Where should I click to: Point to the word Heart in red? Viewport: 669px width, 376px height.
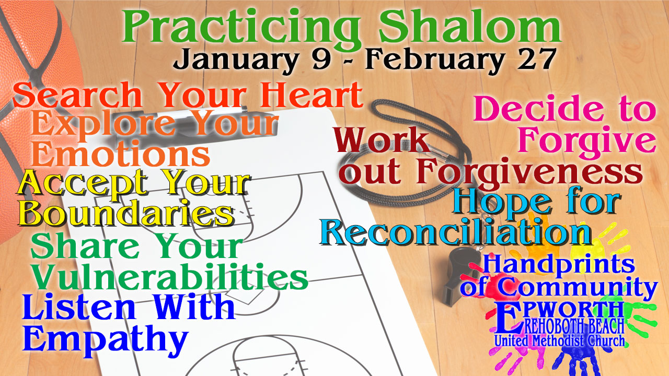click(x=311, y=95)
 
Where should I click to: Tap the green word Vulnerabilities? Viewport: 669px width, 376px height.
click(x=170, y=276)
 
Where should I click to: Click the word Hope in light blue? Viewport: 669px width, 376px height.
click(x=502, y=202)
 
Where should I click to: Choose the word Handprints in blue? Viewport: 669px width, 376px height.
click(x=559, y=264)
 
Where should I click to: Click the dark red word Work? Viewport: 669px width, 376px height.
click(x=382, y=139)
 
